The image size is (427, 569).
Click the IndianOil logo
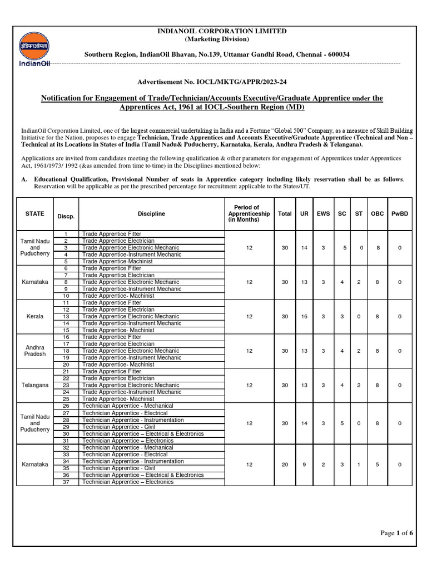tap(34, 49)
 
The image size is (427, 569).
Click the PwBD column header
tap(400, 213)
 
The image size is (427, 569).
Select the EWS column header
tap(323, 213)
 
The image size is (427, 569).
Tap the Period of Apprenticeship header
tap(249, 213)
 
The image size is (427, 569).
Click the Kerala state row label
tap(35, 316)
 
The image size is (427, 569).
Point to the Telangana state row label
tap(35, 385)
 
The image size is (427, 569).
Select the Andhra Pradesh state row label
tap(35, 350)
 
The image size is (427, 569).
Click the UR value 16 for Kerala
tap(304, 316)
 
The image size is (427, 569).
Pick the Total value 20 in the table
tap(285, 465)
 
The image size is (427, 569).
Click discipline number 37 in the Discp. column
tap(66, 482)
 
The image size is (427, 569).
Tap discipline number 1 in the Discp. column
tap(66, 234)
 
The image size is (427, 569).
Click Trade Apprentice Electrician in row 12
tap(118, 310)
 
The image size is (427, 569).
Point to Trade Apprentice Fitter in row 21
tap(112, 371)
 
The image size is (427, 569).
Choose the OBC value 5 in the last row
tap(378, 465)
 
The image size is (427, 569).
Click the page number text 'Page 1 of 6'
tap(396, 533)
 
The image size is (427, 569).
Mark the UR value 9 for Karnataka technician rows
tap(304, 465)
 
